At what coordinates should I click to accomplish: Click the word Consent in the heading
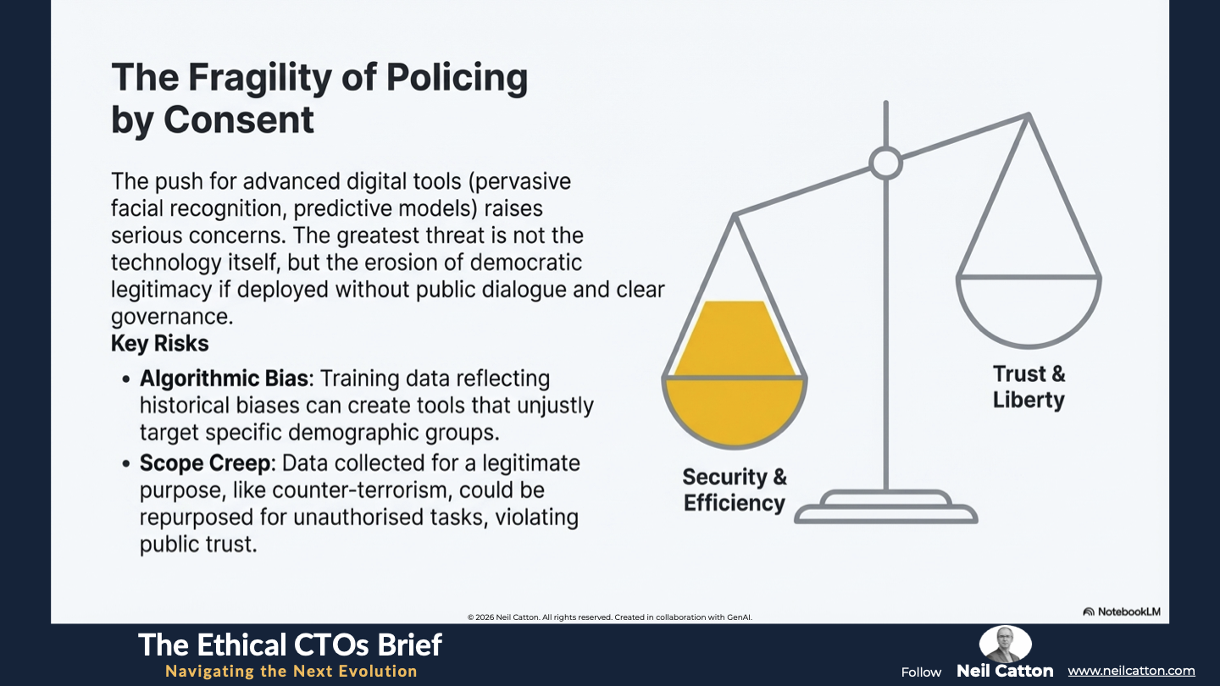(239, 119)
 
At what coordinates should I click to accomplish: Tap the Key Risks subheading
(159, 344)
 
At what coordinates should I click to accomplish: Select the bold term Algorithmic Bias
(224, 379)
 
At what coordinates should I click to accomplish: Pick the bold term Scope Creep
(205, 463)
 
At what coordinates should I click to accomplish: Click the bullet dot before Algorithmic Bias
(126, 379)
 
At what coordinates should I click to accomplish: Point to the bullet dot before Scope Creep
(126, 464)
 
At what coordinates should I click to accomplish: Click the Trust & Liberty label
(1029, 387)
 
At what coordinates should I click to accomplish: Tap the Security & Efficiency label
(735, 490)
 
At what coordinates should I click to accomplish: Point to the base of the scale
(886, 507)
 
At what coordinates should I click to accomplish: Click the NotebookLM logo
(1122, 611)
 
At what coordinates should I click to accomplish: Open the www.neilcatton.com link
(1131, 671)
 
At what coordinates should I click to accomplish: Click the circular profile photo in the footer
(1006, 644)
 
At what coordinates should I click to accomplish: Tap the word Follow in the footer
(921, 672)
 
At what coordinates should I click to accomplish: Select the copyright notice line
(609, 617)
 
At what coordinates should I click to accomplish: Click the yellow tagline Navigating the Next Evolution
(291, 672)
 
